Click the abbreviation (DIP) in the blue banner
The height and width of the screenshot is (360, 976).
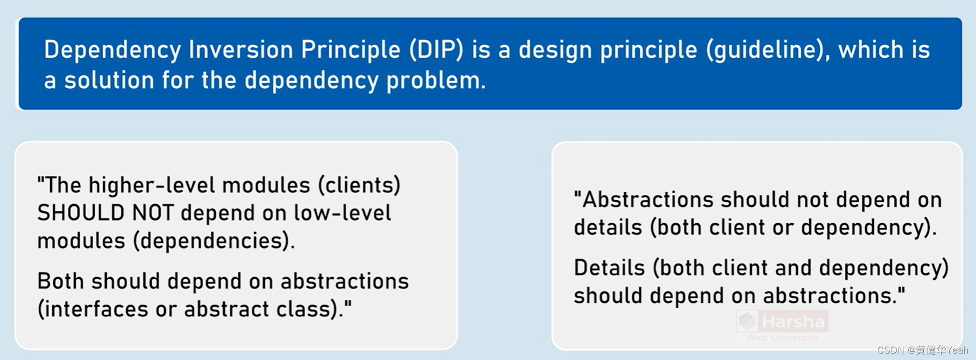[436, 50]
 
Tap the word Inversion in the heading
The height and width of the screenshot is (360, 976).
[241, 50]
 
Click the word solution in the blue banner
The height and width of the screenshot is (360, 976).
[109, 81]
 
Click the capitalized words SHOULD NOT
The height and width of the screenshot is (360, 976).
[105, 213]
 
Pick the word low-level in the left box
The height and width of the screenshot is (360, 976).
[342, 213]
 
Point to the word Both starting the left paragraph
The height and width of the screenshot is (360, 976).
[60, 281]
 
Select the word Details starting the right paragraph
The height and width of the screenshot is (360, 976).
[609, 268]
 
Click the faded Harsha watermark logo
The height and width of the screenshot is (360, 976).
[782, 322]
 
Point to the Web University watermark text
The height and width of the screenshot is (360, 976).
[782, 338]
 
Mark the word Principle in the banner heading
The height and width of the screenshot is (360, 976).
[350, 50]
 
